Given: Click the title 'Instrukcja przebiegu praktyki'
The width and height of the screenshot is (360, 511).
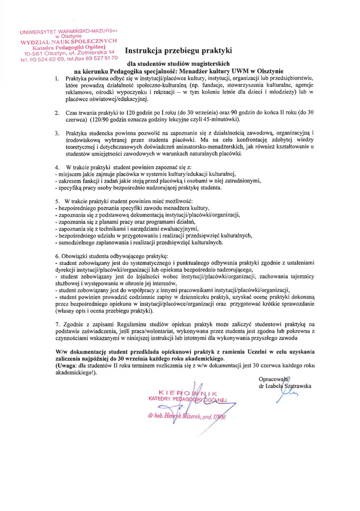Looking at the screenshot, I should pos(178,50).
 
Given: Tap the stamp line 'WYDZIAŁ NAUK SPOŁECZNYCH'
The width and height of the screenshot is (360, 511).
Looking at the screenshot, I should pos(69,41).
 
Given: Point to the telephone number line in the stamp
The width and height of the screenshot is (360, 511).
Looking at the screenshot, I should pos(69,59).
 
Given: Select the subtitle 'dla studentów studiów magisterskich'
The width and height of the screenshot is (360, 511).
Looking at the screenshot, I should pos(178,64).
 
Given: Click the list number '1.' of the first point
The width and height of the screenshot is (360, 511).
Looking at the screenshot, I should pos(57,78).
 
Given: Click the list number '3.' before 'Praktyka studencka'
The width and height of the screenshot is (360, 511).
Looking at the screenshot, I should pos(57,133).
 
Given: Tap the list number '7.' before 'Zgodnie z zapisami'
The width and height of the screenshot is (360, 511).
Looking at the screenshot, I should pos(57,324).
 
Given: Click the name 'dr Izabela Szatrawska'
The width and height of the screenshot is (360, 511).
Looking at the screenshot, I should pos(285,386).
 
